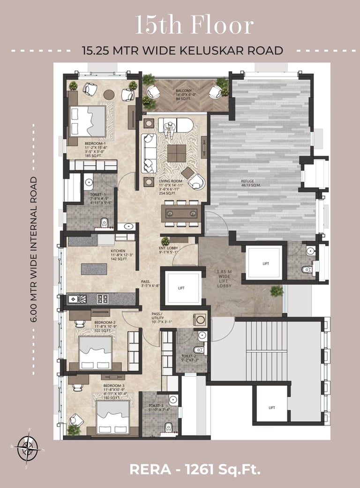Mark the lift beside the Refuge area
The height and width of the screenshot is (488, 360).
(265, 264)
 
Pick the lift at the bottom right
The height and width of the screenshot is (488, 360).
(271, 407)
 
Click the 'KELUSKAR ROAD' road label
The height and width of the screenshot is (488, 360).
(182, 50)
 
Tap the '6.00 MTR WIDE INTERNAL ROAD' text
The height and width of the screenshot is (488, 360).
(34, 249)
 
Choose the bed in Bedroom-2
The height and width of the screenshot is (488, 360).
(96, 352)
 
